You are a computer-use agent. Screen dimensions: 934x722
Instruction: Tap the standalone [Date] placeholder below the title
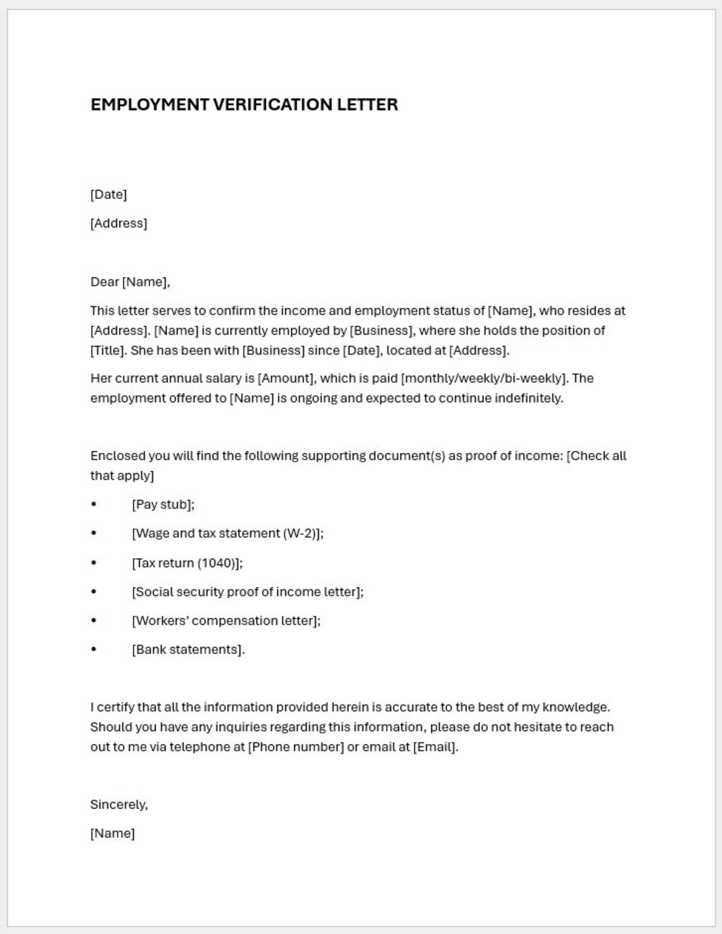(108, 195)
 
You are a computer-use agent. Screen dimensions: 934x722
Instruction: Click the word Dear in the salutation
(104, 282)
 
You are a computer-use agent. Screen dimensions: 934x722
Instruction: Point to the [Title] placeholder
(108, 350)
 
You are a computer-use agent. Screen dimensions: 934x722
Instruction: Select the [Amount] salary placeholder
(286, 378)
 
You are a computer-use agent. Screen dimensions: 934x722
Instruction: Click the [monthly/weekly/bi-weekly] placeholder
(484, 378)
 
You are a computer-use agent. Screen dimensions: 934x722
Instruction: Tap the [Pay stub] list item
(163, 504)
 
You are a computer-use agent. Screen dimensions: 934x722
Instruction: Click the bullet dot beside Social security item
(94, 592)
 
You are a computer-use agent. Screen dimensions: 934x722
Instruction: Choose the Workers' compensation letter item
(226, 621)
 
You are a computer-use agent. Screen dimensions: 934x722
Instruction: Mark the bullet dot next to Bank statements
(94, 649)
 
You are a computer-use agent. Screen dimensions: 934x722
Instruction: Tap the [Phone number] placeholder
(296, 747)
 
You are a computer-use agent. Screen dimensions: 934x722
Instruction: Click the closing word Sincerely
(118, 805)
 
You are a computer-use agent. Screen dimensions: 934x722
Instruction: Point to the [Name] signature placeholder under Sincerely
(112, 833)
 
